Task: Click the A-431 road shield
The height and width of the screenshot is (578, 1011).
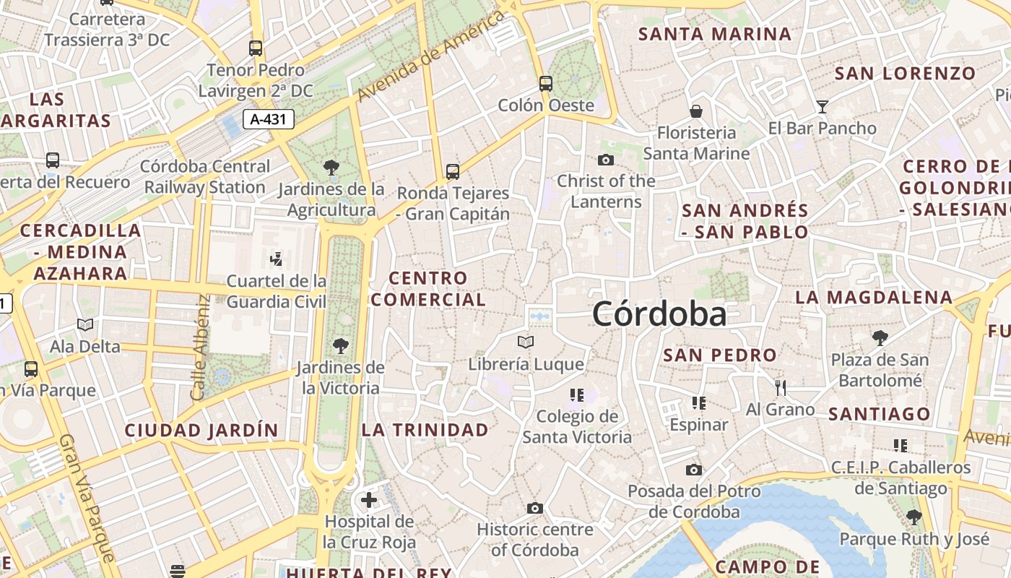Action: (x=269, y=119)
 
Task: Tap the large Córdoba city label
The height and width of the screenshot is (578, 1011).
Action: (x=659, y=314)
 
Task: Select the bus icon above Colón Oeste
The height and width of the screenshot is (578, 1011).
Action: (x=546, y=84)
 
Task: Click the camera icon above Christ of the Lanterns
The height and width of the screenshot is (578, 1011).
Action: (x=606, y=160)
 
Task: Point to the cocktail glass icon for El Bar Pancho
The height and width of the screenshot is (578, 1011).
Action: (x=822, y=108)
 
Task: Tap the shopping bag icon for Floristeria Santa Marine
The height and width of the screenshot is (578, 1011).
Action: (x=696, y=111)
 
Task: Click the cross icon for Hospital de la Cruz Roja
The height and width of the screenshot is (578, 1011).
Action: (x=369, y=499)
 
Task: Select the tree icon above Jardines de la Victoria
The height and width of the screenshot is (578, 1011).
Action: (x=340, y=346)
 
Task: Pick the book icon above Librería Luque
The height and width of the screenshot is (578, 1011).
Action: (x=526, y=342)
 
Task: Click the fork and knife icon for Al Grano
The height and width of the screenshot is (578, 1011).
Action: (x=780, y=388)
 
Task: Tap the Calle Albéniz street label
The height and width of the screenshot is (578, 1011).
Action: (x=199, y=347)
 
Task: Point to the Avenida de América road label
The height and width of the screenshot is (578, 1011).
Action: (x=430, y=56)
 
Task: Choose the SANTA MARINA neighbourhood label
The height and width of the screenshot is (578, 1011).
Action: (x=715, y=34)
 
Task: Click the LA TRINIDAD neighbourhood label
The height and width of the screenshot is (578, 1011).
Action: (x=425, y=430)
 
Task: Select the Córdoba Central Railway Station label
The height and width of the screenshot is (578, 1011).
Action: (x=205, y=177)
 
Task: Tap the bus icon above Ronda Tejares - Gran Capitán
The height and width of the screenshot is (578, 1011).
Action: (x=453, y=172)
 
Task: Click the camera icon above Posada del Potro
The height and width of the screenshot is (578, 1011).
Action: (x=694, y=470)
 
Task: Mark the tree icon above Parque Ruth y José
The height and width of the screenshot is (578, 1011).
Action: (x=914, y=517)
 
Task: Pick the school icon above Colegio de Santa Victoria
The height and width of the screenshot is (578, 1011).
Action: (x=576, y=394)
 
